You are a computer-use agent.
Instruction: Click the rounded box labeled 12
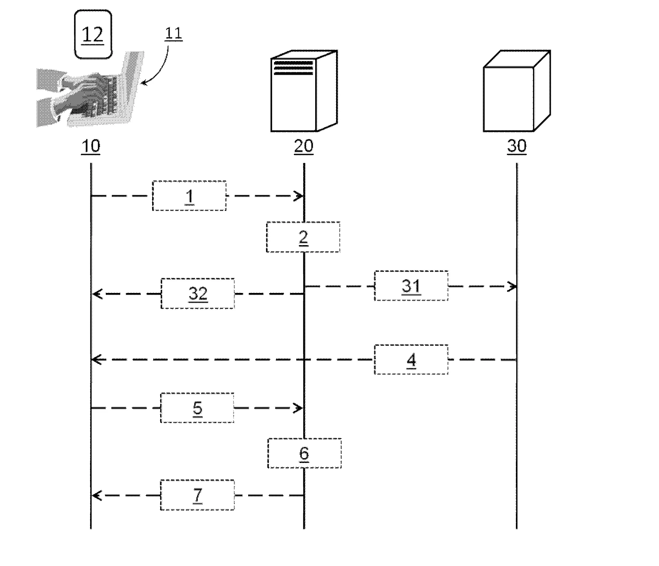point(93,34)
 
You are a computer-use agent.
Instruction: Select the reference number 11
point(173,34)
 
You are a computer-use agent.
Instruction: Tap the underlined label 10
point(90,146)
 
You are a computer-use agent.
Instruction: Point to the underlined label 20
point(304,146)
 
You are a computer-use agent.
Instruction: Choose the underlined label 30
point(517,146)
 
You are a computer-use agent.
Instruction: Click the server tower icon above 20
point(304,91)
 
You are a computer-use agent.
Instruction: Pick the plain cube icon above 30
point(517,91)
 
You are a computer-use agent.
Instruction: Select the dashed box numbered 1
point(189,196)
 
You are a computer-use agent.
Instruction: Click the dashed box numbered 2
point(303,237)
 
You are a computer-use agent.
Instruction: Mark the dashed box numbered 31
point(411,286)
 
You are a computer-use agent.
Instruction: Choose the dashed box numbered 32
point(198,293)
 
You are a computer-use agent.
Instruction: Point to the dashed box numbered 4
point(411,359)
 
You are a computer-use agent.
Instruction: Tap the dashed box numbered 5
point(197,407)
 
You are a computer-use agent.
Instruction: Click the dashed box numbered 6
point(304,453)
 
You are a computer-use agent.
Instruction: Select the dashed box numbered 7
point(197,495)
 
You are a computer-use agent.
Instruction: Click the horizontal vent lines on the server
point(293,68)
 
